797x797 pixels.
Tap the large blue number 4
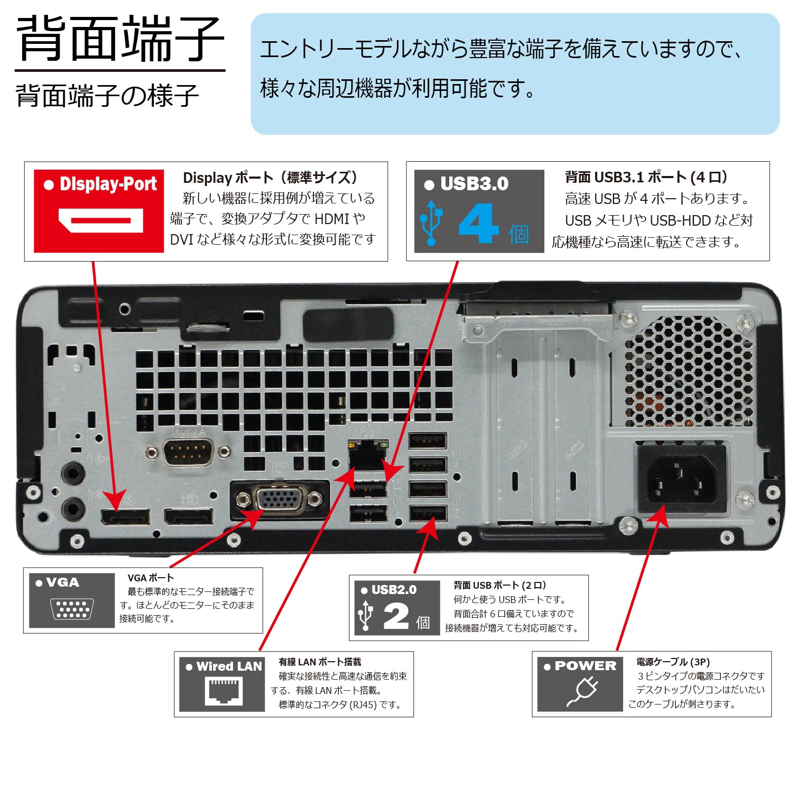(478, 224)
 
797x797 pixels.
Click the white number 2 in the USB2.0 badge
(396, 616)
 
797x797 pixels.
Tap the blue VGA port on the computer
(279, 498)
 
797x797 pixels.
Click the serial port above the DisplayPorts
(188, 452)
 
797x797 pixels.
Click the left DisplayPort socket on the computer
(125, 517)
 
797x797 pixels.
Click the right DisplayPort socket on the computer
(189, 516)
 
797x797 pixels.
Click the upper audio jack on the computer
(72, 472)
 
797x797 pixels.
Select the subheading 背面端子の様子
(107, 96)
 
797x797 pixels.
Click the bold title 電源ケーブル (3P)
(672, 662)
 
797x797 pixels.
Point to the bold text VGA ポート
(151, 578)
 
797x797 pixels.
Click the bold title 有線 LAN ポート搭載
(320, 662)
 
